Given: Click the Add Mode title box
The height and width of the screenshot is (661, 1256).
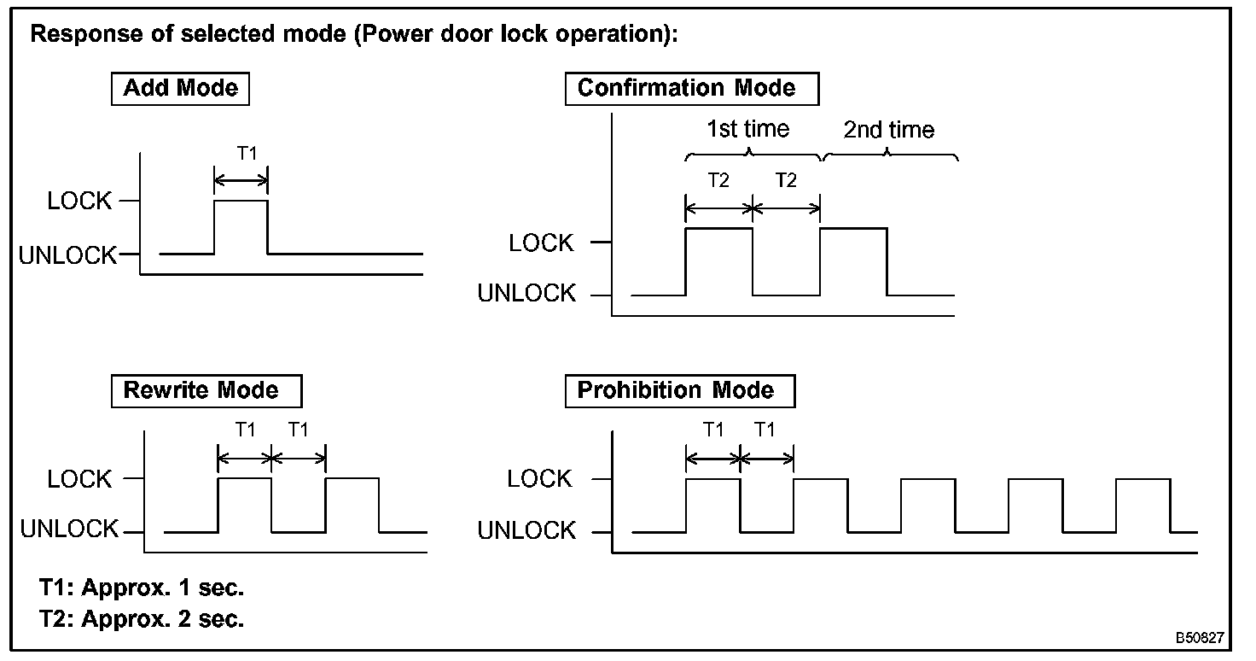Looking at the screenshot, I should tap(180, 88).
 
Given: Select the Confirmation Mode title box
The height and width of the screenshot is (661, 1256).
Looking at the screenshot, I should tap(691, 88).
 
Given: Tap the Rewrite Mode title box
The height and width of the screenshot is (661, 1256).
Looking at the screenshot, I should tap(206, 391).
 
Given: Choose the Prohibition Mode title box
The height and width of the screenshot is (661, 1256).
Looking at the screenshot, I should tap(679, 391).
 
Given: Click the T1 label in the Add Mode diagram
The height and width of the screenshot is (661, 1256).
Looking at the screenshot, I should tap(246, 154).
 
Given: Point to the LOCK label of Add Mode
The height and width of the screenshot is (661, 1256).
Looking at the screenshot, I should tap(79, 202).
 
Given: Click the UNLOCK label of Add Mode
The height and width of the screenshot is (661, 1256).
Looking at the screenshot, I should tap(68, 255).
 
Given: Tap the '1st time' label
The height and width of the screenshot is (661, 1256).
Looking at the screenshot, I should tap(747, 130).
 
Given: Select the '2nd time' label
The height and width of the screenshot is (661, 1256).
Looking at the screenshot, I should tap(888, 131).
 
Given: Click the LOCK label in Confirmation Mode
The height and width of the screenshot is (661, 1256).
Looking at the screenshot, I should tap(541, 243).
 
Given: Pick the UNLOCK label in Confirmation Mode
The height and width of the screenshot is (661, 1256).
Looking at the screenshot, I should tap(526, 294).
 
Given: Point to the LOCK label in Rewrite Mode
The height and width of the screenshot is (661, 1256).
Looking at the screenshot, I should tap(79, 480).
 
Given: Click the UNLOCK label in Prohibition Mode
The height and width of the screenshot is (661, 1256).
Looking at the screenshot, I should tap(526, 531).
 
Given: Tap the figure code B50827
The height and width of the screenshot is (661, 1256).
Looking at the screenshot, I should tap(1199, 638).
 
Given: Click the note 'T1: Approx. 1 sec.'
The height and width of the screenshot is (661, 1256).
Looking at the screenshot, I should tap(142, 589).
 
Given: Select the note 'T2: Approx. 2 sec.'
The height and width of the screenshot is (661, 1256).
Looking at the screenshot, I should tap(142, 619).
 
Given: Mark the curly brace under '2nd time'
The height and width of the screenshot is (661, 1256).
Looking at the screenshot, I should tap(889, 155).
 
